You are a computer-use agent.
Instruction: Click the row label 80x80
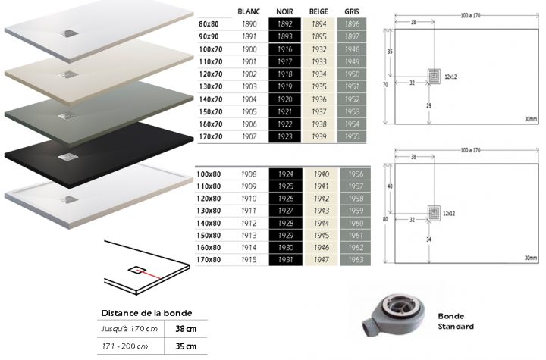click(x=209, y=25)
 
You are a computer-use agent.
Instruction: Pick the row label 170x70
click(x=209, y=137)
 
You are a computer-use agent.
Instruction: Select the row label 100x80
click(x=209, y=174)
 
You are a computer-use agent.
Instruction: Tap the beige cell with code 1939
click(x=319, y=137)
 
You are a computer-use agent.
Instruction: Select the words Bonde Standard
click(x=455, y=321)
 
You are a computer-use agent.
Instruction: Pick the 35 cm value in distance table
click(x=186, y=346)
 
